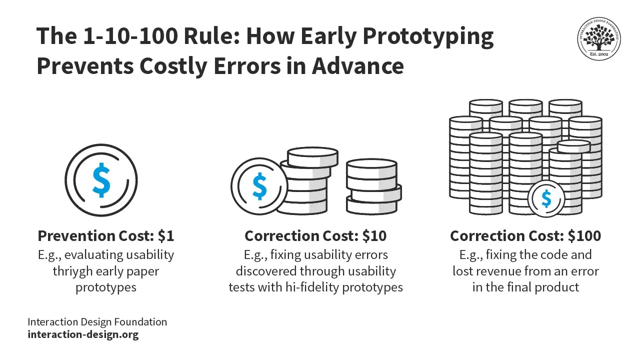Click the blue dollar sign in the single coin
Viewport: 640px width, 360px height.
pos(101,179)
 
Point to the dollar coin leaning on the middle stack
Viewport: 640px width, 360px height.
pos(259,186)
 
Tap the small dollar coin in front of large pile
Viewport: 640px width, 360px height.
pos(546,199)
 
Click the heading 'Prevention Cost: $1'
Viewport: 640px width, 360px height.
pos(106,235)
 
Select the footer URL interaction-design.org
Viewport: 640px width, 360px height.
pos(83,334)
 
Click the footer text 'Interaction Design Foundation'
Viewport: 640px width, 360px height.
pos(97,321)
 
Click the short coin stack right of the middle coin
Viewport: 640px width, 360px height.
pos(373,186)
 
